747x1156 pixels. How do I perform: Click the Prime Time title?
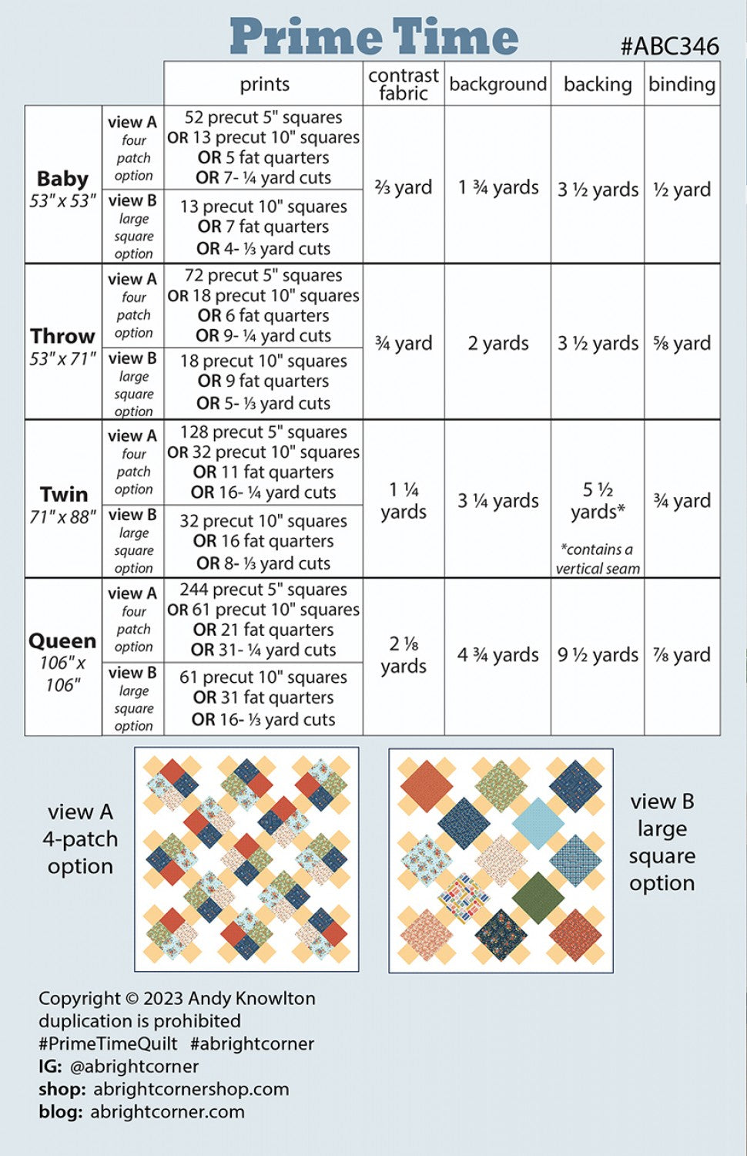pyautogui.click(x=373, y=36)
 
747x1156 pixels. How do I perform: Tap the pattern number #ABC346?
pyautogui.click(x=670, y=46)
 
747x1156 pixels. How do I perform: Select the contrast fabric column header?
pyautogui.click(x=404, y=84)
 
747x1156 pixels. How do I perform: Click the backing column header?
pyautogui.click(x=598, y=84)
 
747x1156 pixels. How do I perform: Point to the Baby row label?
pyautogui.click(x=62, y=179)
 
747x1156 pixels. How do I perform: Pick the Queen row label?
pyautogui.click(x=62, y=641)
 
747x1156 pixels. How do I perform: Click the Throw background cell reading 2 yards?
pyautogui.click(x=498, y=343)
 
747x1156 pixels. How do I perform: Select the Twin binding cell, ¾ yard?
pyautogui.click(x=682, y=500)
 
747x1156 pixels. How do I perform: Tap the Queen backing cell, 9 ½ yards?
pyautogui.click(x=598, y=655)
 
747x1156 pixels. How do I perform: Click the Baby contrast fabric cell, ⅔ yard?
pyautogui.click(x=404, y=187)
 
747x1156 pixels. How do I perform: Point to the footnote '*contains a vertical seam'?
pyautogui.click(x=598, y=559)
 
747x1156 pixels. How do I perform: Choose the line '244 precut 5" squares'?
pyautogui.click(x=263, y=590)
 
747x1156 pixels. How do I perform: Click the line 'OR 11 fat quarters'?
pyautogui.click(x=263, y=472)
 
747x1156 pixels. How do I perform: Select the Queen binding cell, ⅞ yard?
pyautogui.click(x=682, y=655)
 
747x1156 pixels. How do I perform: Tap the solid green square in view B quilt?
pyautogui.click(x=538, y=897)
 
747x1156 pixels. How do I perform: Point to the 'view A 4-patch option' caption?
pyautogui.click(x=80, y=839)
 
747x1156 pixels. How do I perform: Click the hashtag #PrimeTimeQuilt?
pyautogui.click(x=108, y=1043)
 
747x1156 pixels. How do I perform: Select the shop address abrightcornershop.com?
pyautogui.click(x=191, y=1089)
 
